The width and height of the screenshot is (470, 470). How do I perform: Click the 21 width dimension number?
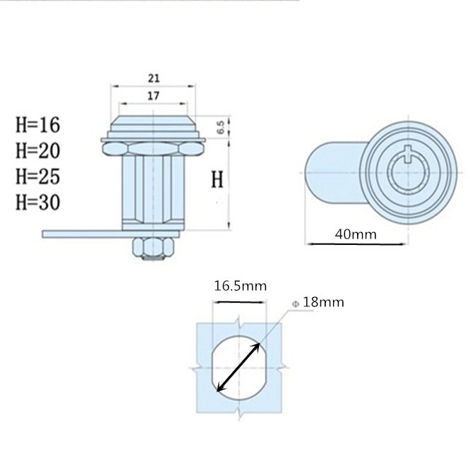153,78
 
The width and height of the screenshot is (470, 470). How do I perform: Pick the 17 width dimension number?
153,95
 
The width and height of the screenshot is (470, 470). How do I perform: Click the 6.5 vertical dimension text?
220,128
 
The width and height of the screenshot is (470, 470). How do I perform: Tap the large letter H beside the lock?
218,180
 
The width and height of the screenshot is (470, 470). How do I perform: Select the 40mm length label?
356,234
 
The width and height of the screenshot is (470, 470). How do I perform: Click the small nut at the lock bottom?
153,246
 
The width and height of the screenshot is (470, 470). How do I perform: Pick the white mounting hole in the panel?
240,368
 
